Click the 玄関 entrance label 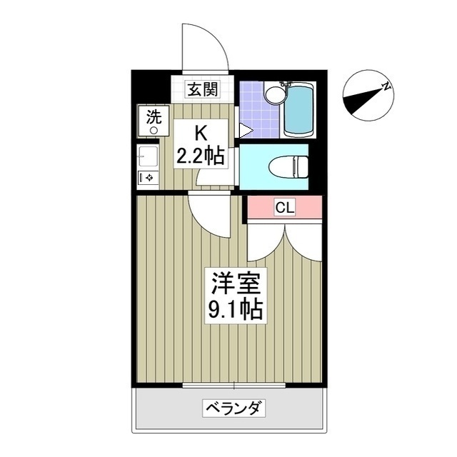[202, 89]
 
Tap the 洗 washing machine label [154, 115]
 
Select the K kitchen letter [201, 132]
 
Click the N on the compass [386, 86]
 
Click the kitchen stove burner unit [149, 176]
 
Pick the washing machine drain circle [154, 129]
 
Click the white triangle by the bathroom [245, 131]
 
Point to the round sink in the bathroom [273, 94]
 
